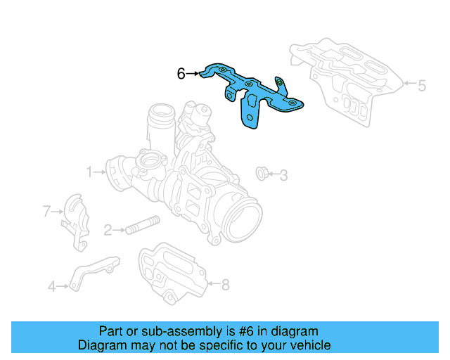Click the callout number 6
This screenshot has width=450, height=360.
pos(181,73)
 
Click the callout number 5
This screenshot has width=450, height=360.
pos(422,86)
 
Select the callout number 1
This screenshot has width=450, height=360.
pos(90,171)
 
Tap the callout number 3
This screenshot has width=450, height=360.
pos(283,174)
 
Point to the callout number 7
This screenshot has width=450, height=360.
pos(47,210)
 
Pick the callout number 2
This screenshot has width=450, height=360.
pos(108,229)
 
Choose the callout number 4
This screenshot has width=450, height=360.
pos(52,285)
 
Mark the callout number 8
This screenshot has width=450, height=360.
pos(225,284)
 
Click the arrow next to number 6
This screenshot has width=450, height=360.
pos(195,73)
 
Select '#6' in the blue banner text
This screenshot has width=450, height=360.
pos(235,331)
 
